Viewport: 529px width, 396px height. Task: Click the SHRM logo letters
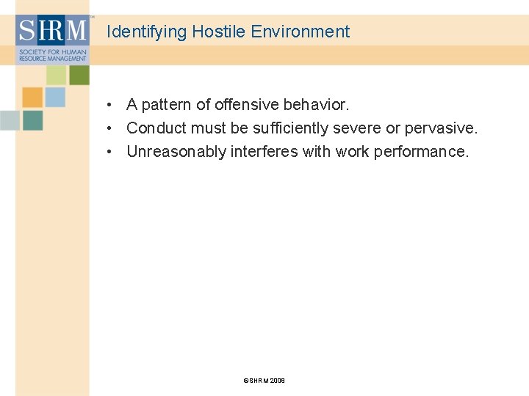pos(52,32)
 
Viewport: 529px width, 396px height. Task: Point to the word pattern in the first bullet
pos(167,105)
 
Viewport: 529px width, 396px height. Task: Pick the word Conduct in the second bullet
pos(156,128)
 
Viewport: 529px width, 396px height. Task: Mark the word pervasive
pos(441,128)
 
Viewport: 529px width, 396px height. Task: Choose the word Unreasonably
pos(176,152)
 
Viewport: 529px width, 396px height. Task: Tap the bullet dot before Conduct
pos(108,129)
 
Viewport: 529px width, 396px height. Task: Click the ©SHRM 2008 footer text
pos(264,381)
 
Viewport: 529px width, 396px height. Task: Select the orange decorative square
pos(32,98)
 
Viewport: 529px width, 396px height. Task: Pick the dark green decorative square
pos(79,75)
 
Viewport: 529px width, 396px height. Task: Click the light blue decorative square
pos(55,98)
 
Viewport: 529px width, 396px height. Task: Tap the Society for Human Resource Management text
pos(52,56)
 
